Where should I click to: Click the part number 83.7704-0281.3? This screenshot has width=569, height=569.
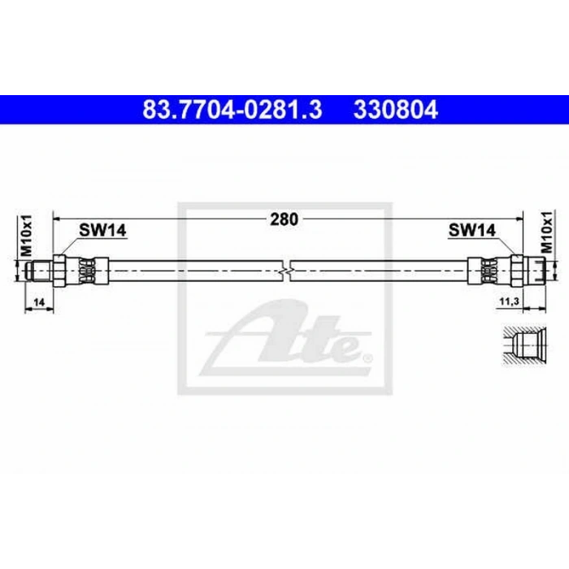click(232, 110)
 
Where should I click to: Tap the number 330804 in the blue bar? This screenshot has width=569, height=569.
click(396, 110)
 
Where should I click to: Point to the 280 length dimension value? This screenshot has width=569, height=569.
click(284, 219)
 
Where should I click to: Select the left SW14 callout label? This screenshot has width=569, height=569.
click(102, 230)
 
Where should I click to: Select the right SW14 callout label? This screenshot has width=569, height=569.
click(472, 230)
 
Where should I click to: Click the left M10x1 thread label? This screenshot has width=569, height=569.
click(26, 235)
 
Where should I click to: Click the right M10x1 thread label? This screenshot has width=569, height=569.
click(546, 232)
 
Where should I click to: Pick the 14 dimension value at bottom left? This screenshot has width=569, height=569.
click(39, 302)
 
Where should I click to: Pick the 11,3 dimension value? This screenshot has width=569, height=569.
click(509, 302)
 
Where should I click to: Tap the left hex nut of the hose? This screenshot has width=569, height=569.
click(59, 271)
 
